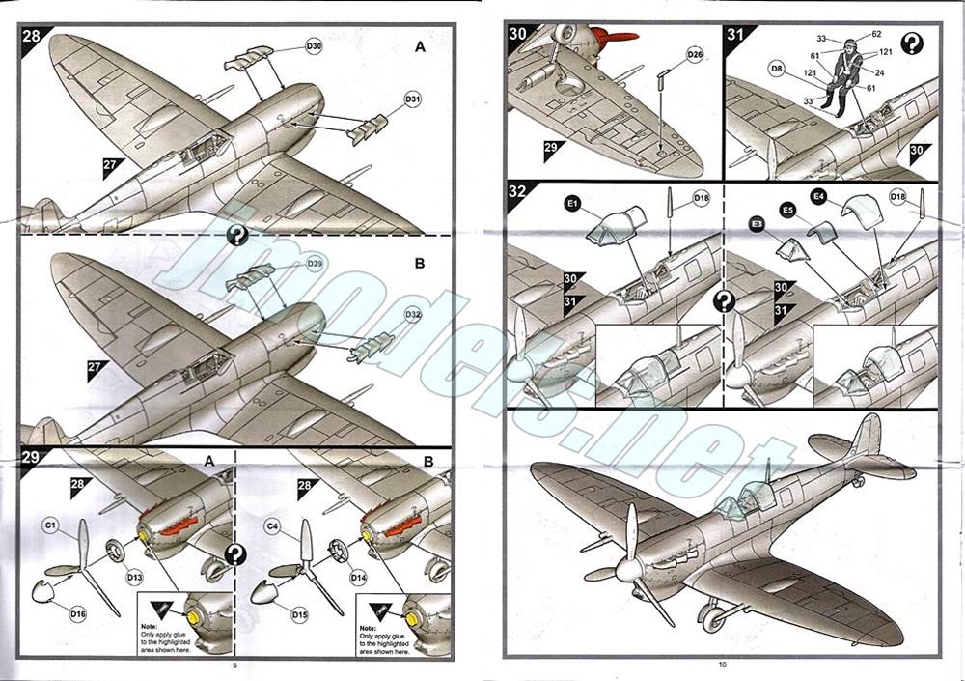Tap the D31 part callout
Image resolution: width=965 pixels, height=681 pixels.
412,99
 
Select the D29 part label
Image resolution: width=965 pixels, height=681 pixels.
315,264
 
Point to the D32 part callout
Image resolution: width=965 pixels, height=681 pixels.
412,315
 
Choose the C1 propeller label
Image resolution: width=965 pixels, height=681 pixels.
51,526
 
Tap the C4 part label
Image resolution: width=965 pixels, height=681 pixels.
272,526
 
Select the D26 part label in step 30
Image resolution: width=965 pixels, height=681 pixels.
695,54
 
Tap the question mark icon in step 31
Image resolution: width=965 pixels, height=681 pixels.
911,43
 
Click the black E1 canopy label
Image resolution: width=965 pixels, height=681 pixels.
572,205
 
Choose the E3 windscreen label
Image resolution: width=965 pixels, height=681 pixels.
758,223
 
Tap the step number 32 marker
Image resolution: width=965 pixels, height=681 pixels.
517,191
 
